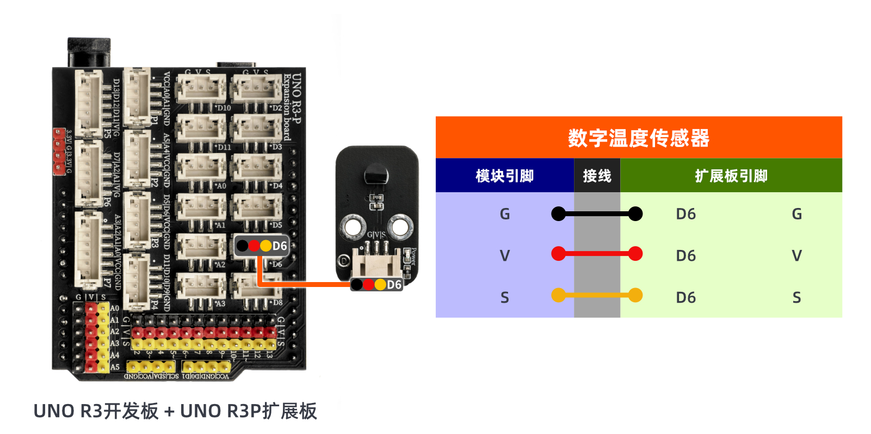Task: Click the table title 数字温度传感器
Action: pos(639,138)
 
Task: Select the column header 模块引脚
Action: pos(504,176)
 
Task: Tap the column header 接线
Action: pos(597,176)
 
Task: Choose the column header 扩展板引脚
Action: pos(731,176)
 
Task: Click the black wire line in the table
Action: pos(597,214)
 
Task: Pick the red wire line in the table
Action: pos(597,254)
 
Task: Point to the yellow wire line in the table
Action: pos(597,296)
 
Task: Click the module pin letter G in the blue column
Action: pos(505,214)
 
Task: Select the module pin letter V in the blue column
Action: pos(505,255)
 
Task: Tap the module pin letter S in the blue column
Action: pos(505,297)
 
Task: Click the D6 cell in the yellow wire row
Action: pos(685,297)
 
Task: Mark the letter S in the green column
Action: pos(796,297)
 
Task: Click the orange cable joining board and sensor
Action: pos(305,284)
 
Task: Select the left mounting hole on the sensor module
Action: pos(353,226)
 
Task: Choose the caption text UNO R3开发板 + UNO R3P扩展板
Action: pos(175,411)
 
